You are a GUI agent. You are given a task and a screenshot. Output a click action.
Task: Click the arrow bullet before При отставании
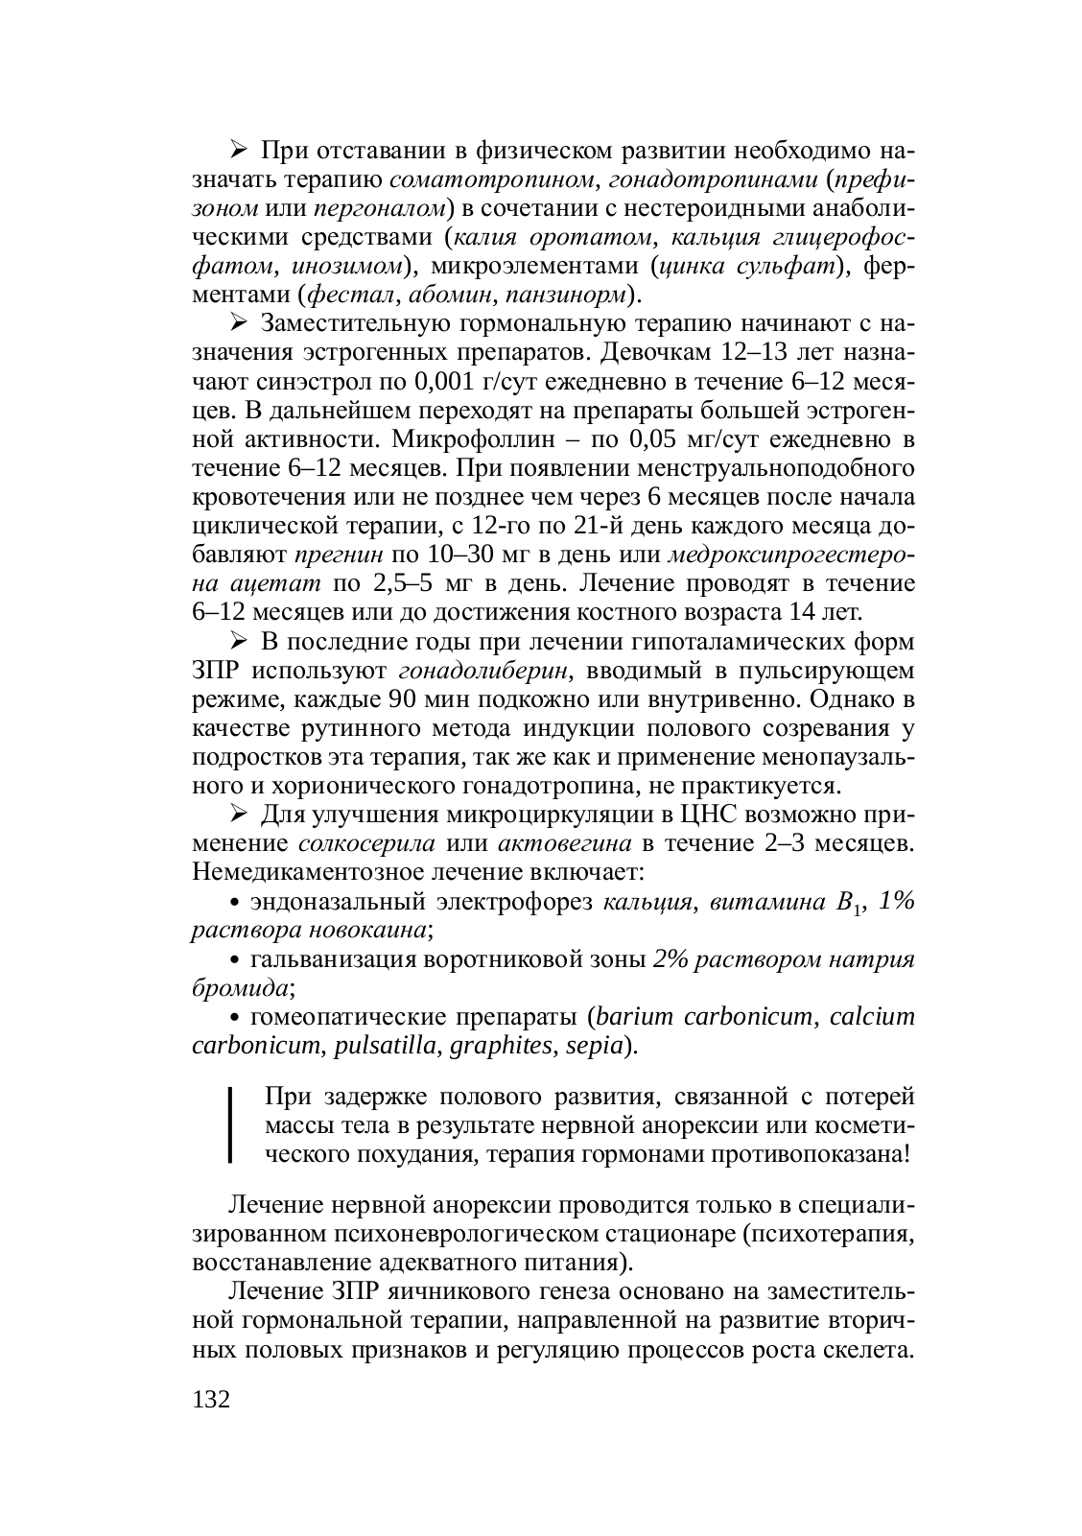pos(239,151)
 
